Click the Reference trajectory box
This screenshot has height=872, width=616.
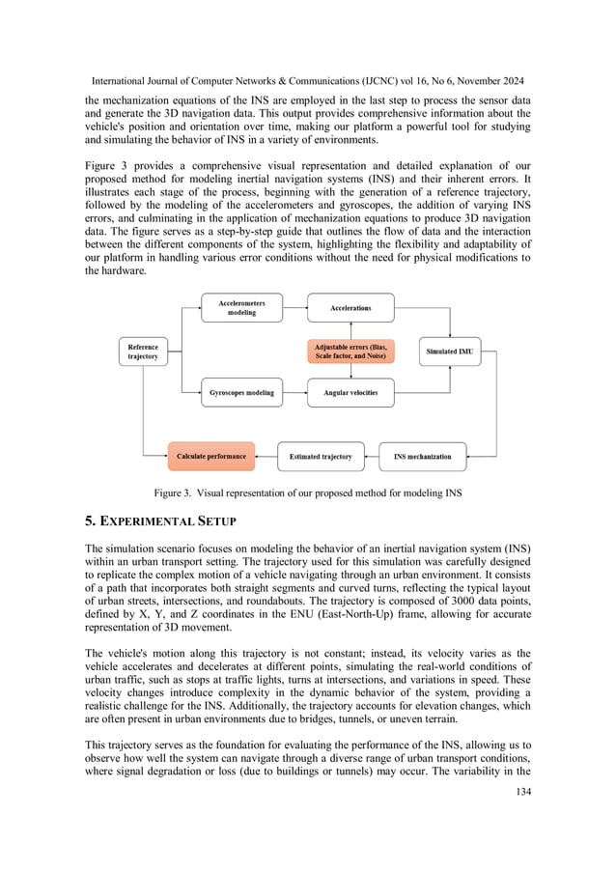click(x=143, y=351)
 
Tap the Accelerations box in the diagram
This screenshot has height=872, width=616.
click(x=350, y=308)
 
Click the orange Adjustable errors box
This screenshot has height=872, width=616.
click(x=350, y=351)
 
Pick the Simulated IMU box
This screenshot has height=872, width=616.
click(x=449, y=352)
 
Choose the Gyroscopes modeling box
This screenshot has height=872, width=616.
click(x=241, y=392)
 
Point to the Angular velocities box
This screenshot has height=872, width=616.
click(x=350, y=392)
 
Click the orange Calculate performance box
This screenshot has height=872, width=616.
click(x=210, y=456)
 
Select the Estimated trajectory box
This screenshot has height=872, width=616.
click(x=321, y=456)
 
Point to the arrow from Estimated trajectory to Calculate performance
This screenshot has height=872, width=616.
click(x=266, y=456)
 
